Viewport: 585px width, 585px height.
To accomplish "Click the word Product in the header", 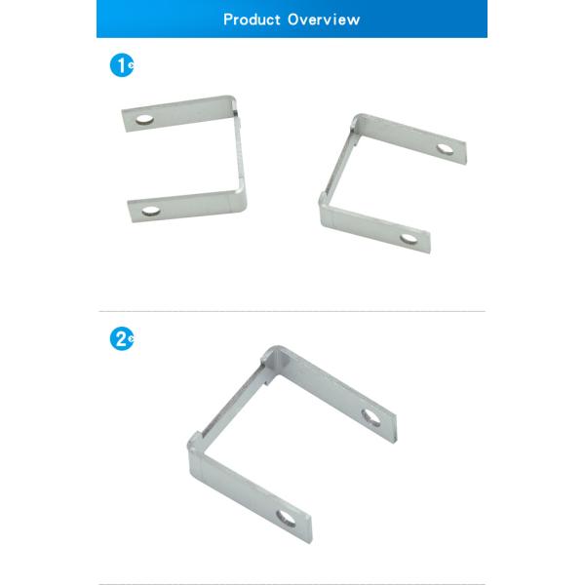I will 252,19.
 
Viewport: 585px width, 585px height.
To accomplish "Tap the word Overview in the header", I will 324,19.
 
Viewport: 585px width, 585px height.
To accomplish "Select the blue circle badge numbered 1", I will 120,66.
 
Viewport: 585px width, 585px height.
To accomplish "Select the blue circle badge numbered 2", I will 120,339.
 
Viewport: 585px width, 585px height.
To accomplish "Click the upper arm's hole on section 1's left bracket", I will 145,120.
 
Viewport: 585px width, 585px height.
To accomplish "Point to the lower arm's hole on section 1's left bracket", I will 150,210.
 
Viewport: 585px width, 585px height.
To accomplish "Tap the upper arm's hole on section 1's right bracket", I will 445,149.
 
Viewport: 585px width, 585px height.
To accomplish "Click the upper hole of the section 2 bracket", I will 371,417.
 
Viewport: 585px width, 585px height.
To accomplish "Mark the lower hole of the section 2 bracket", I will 287,518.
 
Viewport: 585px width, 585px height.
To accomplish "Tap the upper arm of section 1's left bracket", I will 180,112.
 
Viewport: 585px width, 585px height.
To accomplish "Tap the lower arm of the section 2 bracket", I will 249,487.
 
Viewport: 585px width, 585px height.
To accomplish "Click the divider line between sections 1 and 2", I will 292,311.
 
